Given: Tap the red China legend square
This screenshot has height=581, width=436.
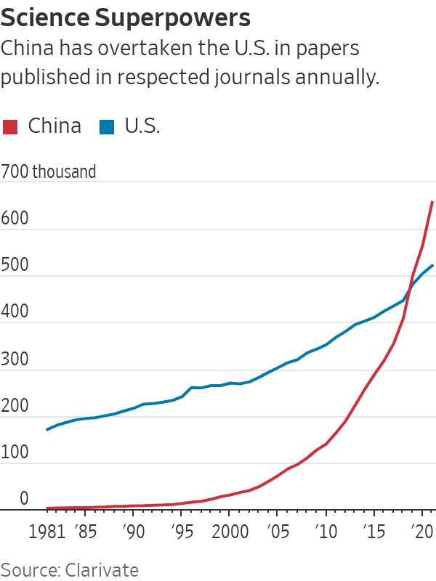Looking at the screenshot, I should click(x=10, y=126).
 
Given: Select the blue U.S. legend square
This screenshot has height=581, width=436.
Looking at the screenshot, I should click(x=107, y=126).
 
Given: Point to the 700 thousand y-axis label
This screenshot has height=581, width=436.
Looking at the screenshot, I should click(x=49, y=172).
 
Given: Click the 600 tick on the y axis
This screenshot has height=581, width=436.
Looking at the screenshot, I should click(x=14, y=219).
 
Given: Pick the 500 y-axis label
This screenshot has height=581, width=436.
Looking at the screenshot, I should click(x=14, y=265).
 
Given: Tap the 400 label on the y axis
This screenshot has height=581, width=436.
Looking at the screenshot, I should click(x=14, y=312).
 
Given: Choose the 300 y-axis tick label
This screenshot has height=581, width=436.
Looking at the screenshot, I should click(x=14, y=359).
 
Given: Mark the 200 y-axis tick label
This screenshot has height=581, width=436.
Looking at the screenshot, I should click(x=14, y=405).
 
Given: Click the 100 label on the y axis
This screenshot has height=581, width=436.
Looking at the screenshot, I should click(x=14, y=452).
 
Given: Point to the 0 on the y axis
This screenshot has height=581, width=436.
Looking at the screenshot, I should click(x=23, y=499).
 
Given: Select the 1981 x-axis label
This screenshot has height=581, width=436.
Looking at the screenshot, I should click(x=49, y=531).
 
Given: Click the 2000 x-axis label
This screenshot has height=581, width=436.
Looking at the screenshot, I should click(x=229, y=531).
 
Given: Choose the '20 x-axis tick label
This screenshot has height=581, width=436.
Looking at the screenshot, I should click(x=421, y=531).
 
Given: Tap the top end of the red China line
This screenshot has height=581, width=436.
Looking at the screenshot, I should click(x=432, y=201).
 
